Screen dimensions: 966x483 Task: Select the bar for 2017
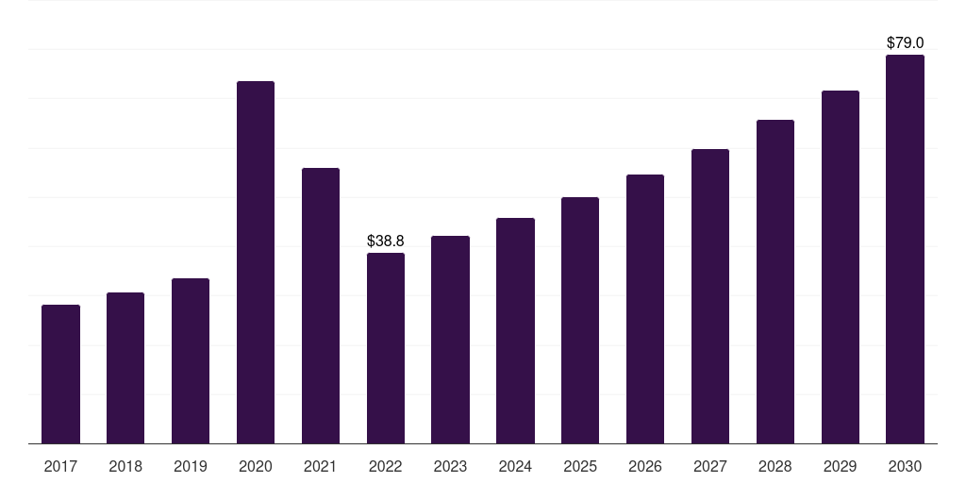pyautogui.click(x=60, y=374)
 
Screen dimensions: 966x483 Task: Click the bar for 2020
pyautogui.click(x=256, y=262)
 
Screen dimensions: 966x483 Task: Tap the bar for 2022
pyautogui.click(x=386, y=348)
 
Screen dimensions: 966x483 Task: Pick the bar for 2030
pyautogui.click(x=905, y=249)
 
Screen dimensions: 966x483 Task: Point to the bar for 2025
pyautogui.click(x=580, y=321)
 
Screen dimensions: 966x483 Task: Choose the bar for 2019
pyautogui.click(x=191, y=361)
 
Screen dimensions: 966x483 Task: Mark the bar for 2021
pyautogui.click(x=321, y=306)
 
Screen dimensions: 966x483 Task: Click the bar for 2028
pyautogui.click(x=775, y=281)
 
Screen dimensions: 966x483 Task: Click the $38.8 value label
pyautogui.click(x=386, y=241)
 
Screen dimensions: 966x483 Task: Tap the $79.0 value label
pyautogui.click(x=905, y=42)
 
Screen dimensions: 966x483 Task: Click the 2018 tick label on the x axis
pyautogui.click(x=125, y=466)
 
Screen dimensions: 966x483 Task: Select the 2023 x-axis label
pyautogui.click(x=450, y=466)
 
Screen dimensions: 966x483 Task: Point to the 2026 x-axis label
pyautogui.click(x=645, y=466)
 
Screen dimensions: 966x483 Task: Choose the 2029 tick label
pyautogui.click(x=841, y=466)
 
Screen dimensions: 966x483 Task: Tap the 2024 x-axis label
pyautogui.click(x=515, y=466)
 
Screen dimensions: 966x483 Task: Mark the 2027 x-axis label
pyautogui.click(x=710, y=466)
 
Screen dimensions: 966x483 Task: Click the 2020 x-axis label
pyautogui.click(x=256, y=466)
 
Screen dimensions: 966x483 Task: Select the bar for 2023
pyautogui.click(x=450, y=340)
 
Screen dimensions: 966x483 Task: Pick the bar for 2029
pyautogui.click(x=841, y=267)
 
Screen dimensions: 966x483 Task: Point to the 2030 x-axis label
pyautogui.click(x=905, y=466)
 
